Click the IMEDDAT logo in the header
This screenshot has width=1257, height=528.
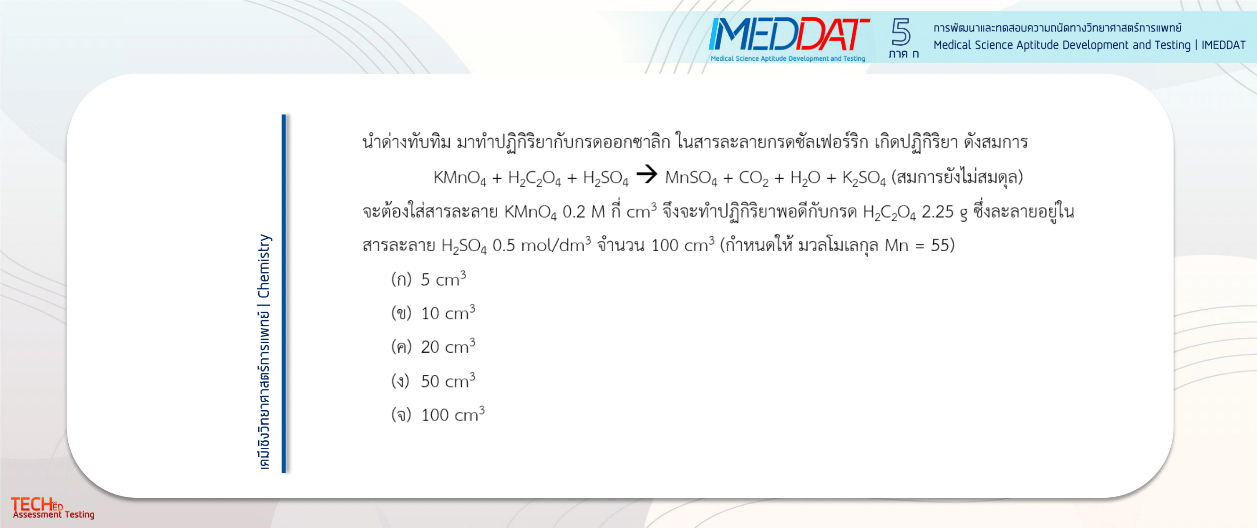click(x=789, y=39)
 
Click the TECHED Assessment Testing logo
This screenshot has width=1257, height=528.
click(x=52, y=508)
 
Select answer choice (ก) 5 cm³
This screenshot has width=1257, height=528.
click(x=428, y=279)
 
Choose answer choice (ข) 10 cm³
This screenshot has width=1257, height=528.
click(x=433, y=313)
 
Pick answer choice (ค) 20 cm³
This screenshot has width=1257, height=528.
click(x=433, y=346)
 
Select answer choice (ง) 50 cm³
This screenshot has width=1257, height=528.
click(x=433, y=380)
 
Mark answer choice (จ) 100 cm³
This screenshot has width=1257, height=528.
click(x=438, y=414)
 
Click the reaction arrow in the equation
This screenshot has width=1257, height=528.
click(x=647, y=174)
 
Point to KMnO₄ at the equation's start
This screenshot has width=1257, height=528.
click(x=460, y=178)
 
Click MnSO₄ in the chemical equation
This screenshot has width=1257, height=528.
click(x=691, y=178)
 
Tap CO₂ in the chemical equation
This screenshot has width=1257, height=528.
click(x=754, y=178)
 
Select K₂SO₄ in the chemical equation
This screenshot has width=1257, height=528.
click(x=864, y=178)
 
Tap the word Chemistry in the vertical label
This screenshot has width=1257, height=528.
click(x=263, y=266)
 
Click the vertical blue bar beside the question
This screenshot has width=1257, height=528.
click(x=284, y=293)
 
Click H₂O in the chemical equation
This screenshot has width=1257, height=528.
click(x=805, y=178)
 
